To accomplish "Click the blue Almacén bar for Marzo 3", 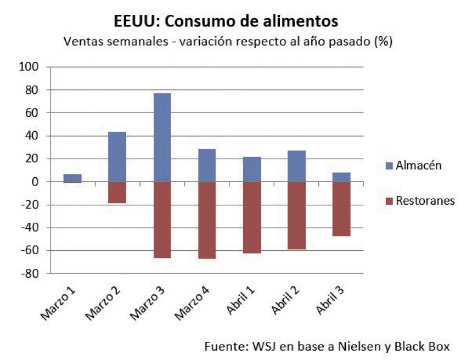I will pyautogui.click(x=162, y=137).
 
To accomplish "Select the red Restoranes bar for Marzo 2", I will pyautogui.click(x=117, y=192).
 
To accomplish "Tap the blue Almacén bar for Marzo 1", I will pyautogui.click(x=72, y=178).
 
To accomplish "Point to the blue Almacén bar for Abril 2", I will pyautogui.click(x=296, y=166).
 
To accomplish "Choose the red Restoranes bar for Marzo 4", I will pyautogui.click(x=207, y=220).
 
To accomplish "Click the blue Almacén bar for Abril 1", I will pyautogui.click(x=251, y=169).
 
